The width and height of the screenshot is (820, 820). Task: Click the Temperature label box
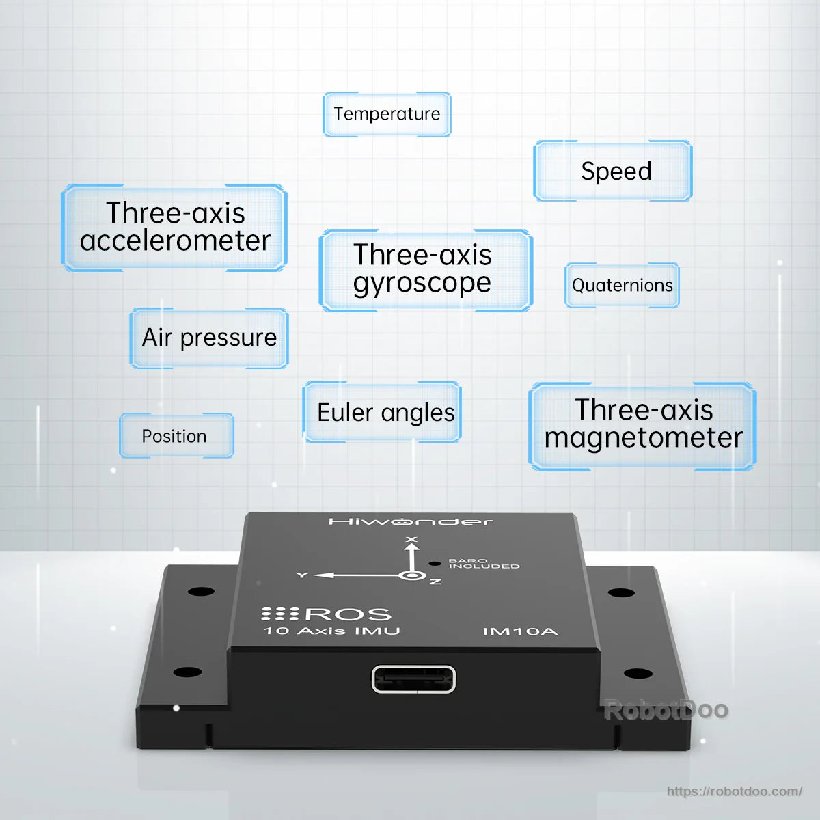pyautogui.click(x=387, y=114)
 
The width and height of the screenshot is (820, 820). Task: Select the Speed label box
pyautogui.click(x=613, y=171)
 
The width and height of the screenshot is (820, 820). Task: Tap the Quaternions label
pyautogui.click(x=622, y=285)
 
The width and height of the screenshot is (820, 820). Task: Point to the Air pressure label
pyautogui.click(x=209, y=338)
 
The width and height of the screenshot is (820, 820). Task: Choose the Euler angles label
pyautogui.click(x=382, y=412)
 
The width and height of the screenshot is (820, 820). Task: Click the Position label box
pyautogui.click(x=176, y=436)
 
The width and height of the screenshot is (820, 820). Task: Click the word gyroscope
pyautogui.click(x=422, y=284)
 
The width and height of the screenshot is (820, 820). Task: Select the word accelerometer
pyautogui.click(x=175, y=241)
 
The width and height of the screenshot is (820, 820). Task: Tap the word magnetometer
pyautogui.click(x=643, y=438)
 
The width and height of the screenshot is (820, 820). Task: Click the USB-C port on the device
pyautogui.click(x=413, y=679)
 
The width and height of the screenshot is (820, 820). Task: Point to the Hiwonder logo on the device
pyautogui.click(x=411, y=521)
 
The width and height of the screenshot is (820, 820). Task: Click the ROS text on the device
pyautogui.click(x=348, y=614)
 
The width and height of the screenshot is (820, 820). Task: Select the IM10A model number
pyautogui.click(x=520, y=631)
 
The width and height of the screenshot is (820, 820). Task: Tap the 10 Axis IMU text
pyautogui.click(x=331, y=631)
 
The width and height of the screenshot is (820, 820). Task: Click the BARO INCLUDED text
pyautogui.click(x=484, y=563)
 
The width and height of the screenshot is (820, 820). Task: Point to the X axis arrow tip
pyautogui.click(x=411, y=545)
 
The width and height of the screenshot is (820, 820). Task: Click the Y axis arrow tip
pyautogui.click(x=315, y=575)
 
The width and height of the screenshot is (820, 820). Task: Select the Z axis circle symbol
pyautogui.click(x=412, y=576)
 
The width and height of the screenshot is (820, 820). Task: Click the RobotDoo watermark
pyautogui.click(x=666, y=710)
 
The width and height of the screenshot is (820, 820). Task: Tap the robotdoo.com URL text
pyautogui.click(x=735, y=791)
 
